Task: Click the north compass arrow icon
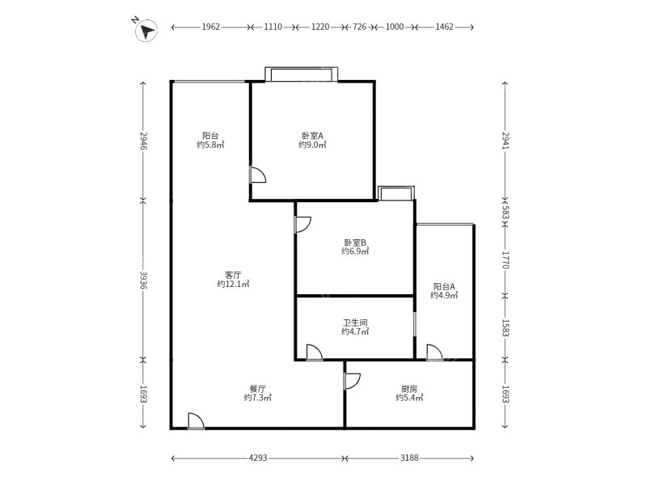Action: pyautogui.click(x=146, y=30)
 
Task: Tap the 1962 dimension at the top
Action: pyautogui.click(x=210, y=27)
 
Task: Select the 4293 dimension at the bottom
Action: pyautogui.click(x=258, y=458)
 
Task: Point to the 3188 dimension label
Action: pyautogui.click(x=409, y=458)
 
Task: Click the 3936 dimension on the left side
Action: pyautogui.click(x=143, y=280)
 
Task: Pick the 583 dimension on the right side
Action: pyautogui.click(x=505, y=213)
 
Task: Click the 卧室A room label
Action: pyautogui.click(x=312, y=135)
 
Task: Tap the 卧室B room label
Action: pyautogui.click(x=355, y=242)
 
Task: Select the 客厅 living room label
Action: pyautogui.click(x=233, y=275)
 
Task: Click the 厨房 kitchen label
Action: pyautogui.click(x=409, y=389)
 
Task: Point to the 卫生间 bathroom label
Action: pyautogui.click(x=355, y=323)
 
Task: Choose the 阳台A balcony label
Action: pyautogui.click(x=444, y=286)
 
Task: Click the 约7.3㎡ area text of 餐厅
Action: pyautogui.click(x=257, y=398)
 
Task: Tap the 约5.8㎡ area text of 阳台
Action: pyautogui.click(x=210, y=145)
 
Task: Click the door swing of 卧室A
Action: pyautogui.click(x=258, y=175)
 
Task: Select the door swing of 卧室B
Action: pyautogui.click(x=302, y=225)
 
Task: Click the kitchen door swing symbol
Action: pyautogui.click(x=353, y=381)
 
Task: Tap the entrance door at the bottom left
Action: pyautogui.click(x=196, y=420)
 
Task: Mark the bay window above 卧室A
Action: pyautogui.click(x=301, y=74)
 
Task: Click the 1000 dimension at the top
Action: pyautogui.click(x=395, y=27)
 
